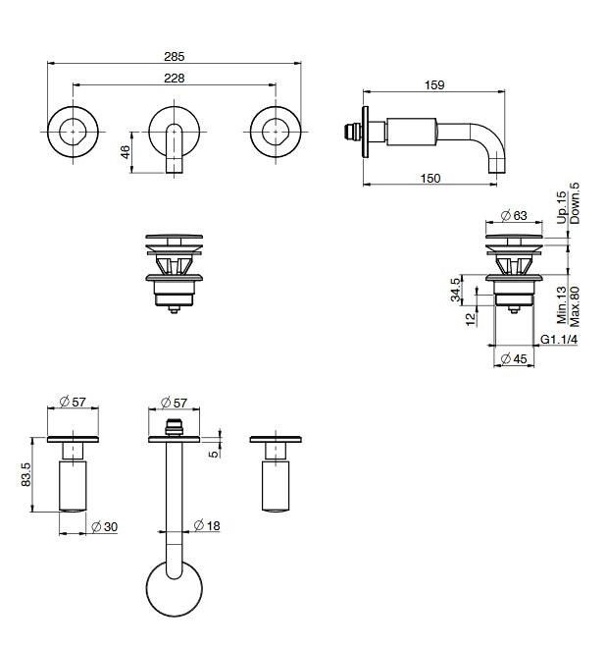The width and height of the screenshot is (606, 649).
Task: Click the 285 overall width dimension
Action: (174, 56)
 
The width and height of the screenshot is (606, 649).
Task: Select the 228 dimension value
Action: (174, 79)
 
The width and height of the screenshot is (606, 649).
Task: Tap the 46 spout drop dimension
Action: (126, 152)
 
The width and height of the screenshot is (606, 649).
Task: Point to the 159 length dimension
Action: (434, 84)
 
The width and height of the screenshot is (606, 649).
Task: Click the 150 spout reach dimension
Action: (430, 179)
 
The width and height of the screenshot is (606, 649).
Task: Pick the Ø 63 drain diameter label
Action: (514, 215)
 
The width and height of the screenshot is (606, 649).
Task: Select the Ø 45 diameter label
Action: (514, 358)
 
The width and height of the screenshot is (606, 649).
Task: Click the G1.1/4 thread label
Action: (559, 340)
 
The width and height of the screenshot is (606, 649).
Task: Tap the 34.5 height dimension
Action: (455, 290)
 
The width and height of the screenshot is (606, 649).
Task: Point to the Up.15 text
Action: (561, 207)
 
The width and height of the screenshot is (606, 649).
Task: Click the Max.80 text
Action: (575, 306)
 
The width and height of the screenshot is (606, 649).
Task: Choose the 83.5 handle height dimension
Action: (25, 474)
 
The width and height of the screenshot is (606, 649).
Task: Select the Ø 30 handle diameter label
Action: (104, 527)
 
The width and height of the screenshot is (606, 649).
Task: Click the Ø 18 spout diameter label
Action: (207, 525)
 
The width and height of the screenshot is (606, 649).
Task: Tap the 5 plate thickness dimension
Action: (214, 454)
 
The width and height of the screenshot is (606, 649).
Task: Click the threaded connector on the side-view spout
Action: (352, 132)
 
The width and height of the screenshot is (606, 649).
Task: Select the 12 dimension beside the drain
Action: (471, 319)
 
